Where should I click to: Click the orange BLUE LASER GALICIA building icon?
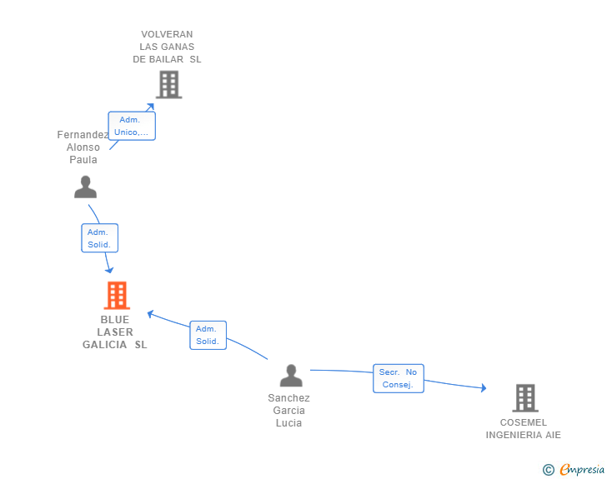click(117, 295)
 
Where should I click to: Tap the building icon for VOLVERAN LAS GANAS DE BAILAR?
click(169, 84)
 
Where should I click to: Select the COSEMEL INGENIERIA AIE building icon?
click(525, 397)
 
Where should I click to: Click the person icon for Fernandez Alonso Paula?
click(86, 187)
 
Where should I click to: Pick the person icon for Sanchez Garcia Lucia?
click(291, 376)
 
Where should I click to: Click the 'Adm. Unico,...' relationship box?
click(132, 126)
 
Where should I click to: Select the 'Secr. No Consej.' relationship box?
click(399, 378)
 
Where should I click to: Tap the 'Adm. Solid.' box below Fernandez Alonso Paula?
click(99, 238)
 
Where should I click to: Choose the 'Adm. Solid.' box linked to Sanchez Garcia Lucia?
click(208, 335)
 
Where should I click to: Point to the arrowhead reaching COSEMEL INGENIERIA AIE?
click(484, 387)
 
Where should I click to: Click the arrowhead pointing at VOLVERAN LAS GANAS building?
click(151, 107)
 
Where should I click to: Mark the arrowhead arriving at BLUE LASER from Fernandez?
click(109, 269)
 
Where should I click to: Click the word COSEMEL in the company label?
click(524, 422)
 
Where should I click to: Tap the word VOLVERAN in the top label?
click(167, 34)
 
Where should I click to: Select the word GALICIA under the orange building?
click(104, 345)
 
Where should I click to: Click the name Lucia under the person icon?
click(288, 423)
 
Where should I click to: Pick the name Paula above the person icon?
click(83, 160)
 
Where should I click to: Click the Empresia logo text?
click(582, 469)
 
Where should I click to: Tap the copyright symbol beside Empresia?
click(549, 470)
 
